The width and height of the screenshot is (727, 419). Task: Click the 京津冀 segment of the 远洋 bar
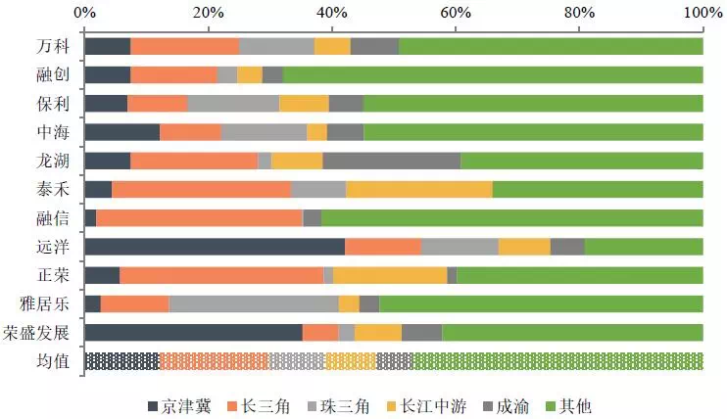(215, 247)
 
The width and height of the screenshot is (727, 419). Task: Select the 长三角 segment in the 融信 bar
(199, 218)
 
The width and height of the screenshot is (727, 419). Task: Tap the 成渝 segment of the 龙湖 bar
(391, 161)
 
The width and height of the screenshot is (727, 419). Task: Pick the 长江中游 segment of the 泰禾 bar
(418, 190)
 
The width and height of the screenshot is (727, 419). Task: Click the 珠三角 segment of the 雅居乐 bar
(254, 304)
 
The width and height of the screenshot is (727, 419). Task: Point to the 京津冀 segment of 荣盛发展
(193, 333)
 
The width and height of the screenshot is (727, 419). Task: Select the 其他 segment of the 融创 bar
(493, 74)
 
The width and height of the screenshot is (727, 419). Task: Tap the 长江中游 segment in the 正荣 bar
(390, 276)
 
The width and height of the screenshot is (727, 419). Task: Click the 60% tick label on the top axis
(456, 14)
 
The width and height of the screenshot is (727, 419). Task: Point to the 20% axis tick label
(208, 14)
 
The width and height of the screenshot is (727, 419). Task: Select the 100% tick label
(701, 14)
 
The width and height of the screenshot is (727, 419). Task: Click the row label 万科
(48, 46)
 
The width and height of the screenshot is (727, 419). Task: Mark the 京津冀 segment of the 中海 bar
(122, 132)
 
